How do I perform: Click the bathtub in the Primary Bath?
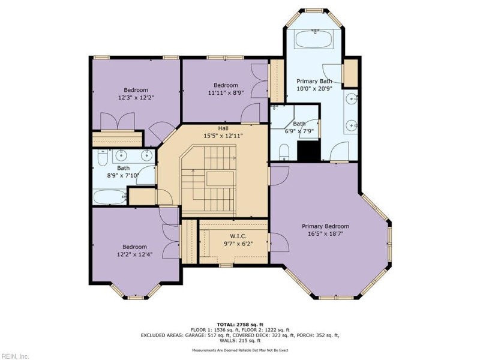click(x=316, y=39)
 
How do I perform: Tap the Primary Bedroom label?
click(x=325, y=226)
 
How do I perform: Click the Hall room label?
click(x=223, y=128)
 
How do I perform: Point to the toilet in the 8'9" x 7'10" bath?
click(x=102, y=157)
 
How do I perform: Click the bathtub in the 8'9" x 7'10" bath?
click(x=110, y=197)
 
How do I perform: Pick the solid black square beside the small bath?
click(x=308, y=151)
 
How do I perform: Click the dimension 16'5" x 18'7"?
click(x=325, y=234)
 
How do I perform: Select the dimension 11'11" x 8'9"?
click(x=226, y=93)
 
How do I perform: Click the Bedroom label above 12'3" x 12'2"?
click(x=136, y=90)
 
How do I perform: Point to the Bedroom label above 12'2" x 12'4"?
click(x=134, y=247)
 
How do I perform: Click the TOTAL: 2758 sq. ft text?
click(x=240, y=325)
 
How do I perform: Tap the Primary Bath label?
click(x=314, y=81)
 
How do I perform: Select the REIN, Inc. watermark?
click(x=14, y=356)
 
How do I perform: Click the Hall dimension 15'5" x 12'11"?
click(x=223, y=136)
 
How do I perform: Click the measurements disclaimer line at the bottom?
click(x=240, y=350)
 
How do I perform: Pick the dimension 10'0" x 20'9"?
click(x=314, y=89)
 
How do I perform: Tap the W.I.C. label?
click(x=238, y=236)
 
